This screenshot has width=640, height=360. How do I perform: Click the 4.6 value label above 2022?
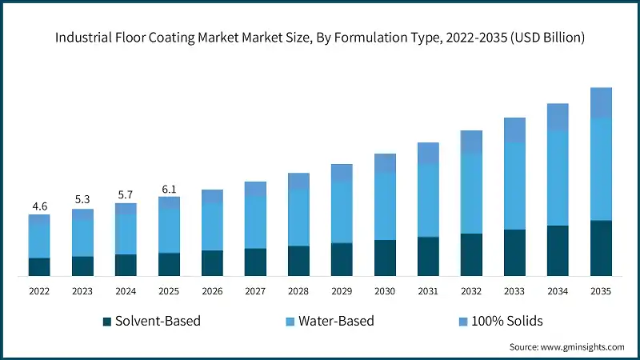point(39,206)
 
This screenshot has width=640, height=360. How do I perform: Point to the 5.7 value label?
point(126,194)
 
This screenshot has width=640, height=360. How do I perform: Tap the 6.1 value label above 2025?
point(169,189)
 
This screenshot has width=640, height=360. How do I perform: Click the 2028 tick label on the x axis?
point(298,292)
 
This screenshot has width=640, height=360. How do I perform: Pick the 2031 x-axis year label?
point(428,292)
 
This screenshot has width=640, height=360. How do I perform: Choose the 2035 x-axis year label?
point(601,292)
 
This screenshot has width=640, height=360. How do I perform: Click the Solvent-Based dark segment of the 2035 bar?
point(601,248)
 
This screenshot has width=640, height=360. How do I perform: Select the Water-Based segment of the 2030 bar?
point(385,206)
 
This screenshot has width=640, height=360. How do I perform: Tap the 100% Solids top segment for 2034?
point(558,117)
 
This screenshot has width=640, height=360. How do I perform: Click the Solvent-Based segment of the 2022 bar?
point(39,267)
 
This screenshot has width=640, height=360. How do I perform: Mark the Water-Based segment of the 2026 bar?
point(212,226)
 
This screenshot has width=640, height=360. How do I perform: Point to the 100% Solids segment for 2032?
point(471,142)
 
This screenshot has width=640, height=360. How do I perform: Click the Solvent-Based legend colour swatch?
point(106,322)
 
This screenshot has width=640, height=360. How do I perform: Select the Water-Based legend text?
point(336,322)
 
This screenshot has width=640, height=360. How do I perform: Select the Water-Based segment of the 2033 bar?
point(514,186)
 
